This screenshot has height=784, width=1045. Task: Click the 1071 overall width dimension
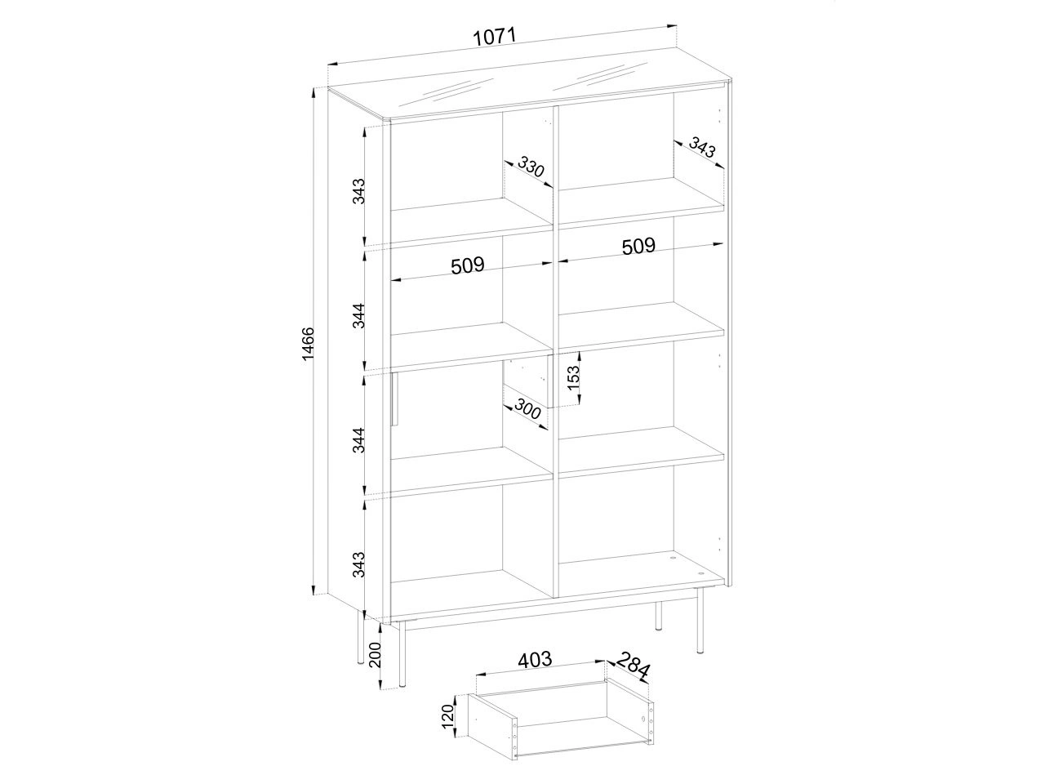[495, 37]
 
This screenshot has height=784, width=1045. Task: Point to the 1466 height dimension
[309, 344]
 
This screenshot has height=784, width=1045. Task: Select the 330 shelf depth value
[531, 167]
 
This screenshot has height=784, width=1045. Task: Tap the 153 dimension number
[574, 377]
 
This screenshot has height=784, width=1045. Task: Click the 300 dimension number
[528, 409]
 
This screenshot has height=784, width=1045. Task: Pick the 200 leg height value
[376, 655]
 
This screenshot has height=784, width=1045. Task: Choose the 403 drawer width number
[535, 660]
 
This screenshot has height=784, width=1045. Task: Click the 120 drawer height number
[448, 716]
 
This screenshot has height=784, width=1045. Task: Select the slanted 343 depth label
[702, 148]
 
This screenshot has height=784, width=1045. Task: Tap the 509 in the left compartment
[468, 265]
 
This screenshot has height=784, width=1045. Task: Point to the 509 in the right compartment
[638, 246]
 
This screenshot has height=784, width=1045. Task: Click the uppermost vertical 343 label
[358, 191]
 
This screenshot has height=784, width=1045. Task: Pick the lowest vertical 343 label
[358, 564]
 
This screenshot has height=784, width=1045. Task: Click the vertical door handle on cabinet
[394, 399]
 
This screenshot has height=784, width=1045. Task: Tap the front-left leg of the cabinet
[402, 653]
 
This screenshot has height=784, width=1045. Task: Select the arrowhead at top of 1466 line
[313, 93]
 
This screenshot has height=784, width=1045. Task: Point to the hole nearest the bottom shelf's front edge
[700, 574]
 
